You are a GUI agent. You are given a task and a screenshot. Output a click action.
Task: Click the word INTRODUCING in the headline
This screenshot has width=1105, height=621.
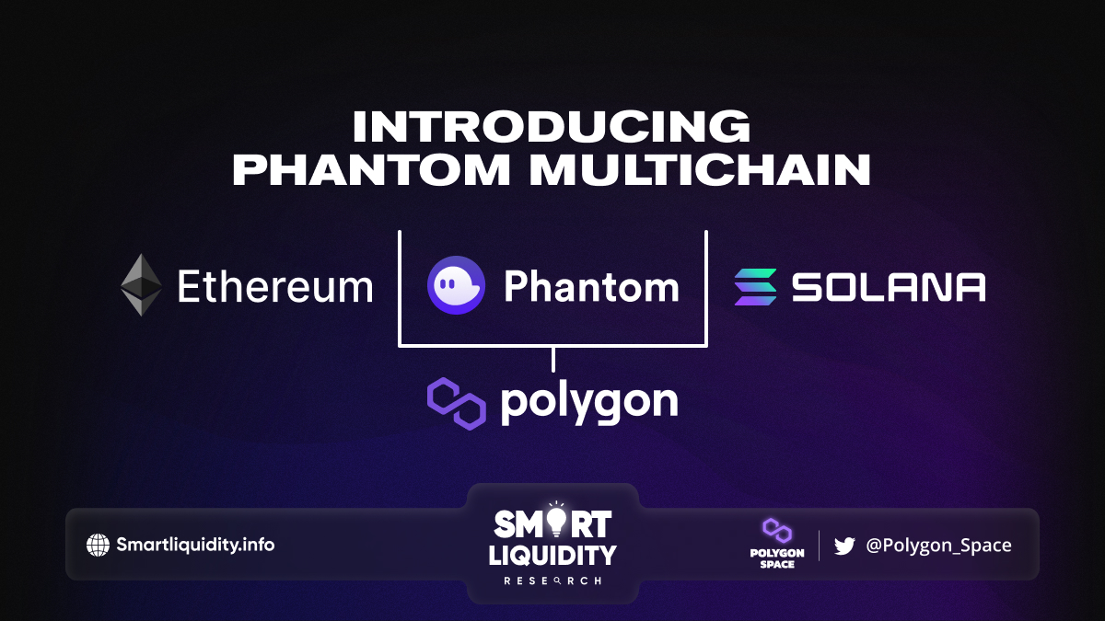(x=552, y=126)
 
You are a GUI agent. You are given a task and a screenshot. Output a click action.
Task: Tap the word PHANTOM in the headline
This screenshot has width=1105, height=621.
(x=371, y=169)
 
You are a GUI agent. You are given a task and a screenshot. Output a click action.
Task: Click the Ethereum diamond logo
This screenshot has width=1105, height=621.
(x=142, y=285)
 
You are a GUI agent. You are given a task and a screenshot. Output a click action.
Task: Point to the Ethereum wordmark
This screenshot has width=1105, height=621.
(x=274, y=286)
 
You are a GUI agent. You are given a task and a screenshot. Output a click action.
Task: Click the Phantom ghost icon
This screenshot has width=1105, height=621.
(x=457, y=285)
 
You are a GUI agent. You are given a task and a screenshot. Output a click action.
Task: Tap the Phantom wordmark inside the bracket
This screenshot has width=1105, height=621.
(x=591, y=286)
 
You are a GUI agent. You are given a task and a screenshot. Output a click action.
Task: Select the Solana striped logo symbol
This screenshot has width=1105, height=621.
(x=755, y=287)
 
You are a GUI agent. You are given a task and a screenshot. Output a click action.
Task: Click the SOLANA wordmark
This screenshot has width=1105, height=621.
(x=889, y=287)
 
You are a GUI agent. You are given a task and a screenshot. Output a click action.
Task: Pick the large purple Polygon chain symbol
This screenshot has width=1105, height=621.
(x=457, y=404)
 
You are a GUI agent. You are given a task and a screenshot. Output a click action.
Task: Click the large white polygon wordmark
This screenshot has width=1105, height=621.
(x=589, y=404)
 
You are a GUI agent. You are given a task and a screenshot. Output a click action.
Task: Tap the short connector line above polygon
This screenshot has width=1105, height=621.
(x=553, y=360)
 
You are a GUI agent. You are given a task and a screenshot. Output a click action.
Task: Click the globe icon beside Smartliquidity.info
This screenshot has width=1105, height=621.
(x=98, y=545)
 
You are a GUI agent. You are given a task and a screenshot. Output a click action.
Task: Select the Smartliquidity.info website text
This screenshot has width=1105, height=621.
(x=195, y=545)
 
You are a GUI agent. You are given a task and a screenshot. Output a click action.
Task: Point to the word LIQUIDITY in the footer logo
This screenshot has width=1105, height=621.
(x=552, y=555)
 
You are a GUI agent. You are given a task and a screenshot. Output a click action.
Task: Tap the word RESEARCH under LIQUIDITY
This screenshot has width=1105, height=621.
(x=552, y=581)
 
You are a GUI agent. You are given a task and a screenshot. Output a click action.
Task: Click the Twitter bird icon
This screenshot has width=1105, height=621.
(x=844, y=546)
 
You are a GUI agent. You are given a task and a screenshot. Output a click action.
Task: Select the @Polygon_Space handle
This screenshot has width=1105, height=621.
(x=938, y=545)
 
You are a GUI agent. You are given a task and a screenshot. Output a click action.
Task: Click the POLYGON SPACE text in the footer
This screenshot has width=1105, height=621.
(x=777, y=558)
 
